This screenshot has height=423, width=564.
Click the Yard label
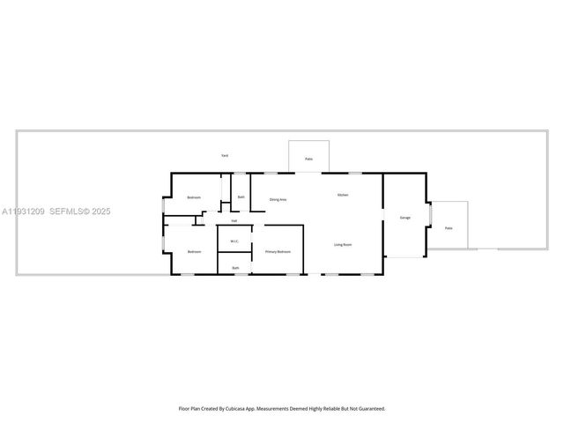226,155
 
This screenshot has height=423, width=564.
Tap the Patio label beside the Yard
308,159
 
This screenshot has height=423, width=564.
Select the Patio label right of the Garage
449,227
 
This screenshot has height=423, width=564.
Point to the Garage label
405,217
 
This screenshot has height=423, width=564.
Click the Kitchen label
343,194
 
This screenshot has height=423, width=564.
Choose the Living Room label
343,244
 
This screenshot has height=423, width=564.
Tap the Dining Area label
278,200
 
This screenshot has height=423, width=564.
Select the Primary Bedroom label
278,252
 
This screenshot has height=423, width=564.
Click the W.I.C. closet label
234,241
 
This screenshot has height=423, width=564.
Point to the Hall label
234,220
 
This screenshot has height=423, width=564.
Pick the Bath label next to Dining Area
241,197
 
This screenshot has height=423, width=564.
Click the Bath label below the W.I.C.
235,268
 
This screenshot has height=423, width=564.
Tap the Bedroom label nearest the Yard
194,197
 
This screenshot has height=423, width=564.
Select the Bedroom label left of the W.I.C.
194,252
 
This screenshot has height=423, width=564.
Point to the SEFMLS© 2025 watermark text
80,211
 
